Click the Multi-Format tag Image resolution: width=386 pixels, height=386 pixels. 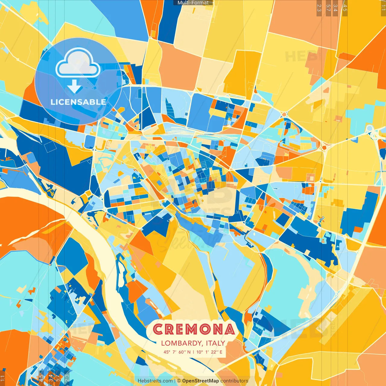[193, 3]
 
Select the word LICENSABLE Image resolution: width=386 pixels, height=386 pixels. [78, 102]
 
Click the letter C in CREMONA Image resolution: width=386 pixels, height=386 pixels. [159, 329]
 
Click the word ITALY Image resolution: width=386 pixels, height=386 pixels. [216, 343]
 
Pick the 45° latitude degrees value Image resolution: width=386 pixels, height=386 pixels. [167, 352]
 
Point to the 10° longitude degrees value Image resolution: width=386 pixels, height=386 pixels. [200, 352]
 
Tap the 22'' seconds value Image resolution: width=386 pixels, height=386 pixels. [214, 352]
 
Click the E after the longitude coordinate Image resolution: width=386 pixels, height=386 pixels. [221, 352]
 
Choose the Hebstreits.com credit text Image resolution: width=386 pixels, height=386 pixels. [155, 381]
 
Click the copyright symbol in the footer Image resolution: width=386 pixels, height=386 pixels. [179, 381]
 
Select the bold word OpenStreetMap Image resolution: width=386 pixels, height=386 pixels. [201, 381]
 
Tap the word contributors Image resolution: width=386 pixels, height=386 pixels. [234, 381]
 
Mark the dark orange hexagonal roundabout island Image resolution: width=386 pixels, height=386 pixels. [324, 148]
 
